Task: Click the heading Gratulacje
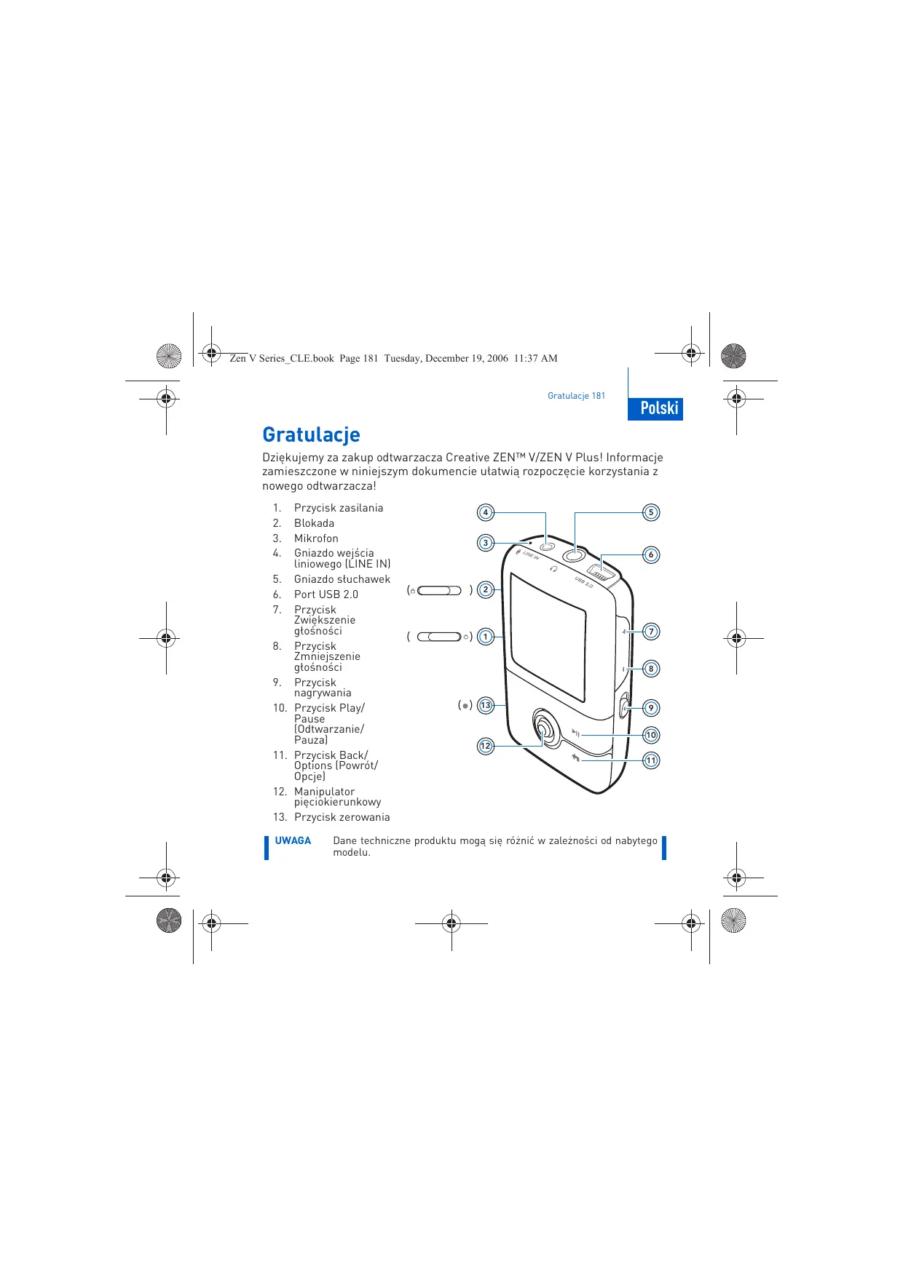(x=311, y=434)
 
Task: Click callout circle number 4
(x=486, y=512)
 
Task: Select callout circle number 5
(x=651, y=512)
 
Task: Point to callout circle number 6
(x=651, y=554)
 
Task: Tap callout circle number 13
(x=486, y=704)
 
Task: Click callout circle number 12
(x=486, y=746)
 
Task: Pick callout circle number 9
(x=651, y=707)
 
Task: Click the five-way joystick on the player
(x=543, y=728)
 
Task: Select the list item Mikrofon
(x=316, y=538)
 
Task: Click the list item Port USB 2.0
(x=326, y=594)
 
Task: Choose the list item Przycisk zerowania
(x=342, y=817)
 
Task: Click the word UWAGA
(x=293, y=840)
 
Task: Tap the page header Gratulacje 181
(x=576, y=396)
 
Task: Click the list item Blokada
(x=314, y=523)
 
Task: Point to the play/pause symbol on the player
(x=575, y=733)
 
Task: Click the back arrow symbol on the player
(x=576, y=758)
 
